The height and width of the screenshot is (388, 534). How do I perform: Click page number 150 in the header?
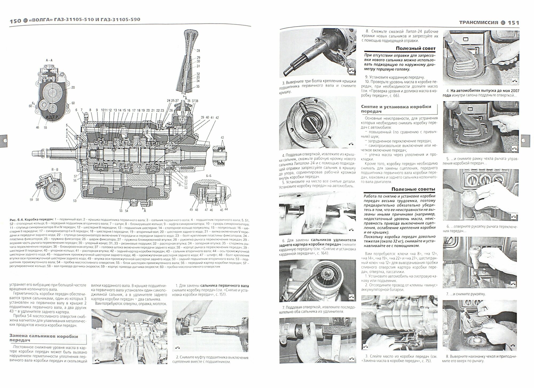(x=15, y=21)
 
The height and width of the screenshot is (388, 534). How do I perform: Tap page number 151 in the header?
(x=513, y=23)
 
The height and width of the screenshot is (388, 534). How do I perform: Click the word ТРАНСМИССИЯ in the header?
(x=479, y=23)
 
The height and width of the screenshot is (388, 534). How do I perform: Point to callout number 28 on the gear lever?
(x=198, y=50)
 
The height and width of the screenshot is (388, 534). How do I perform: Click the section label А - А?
(x=49, y=60)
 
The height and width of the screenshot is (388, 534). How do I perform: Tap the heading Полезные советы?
(x=413, y=189)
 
